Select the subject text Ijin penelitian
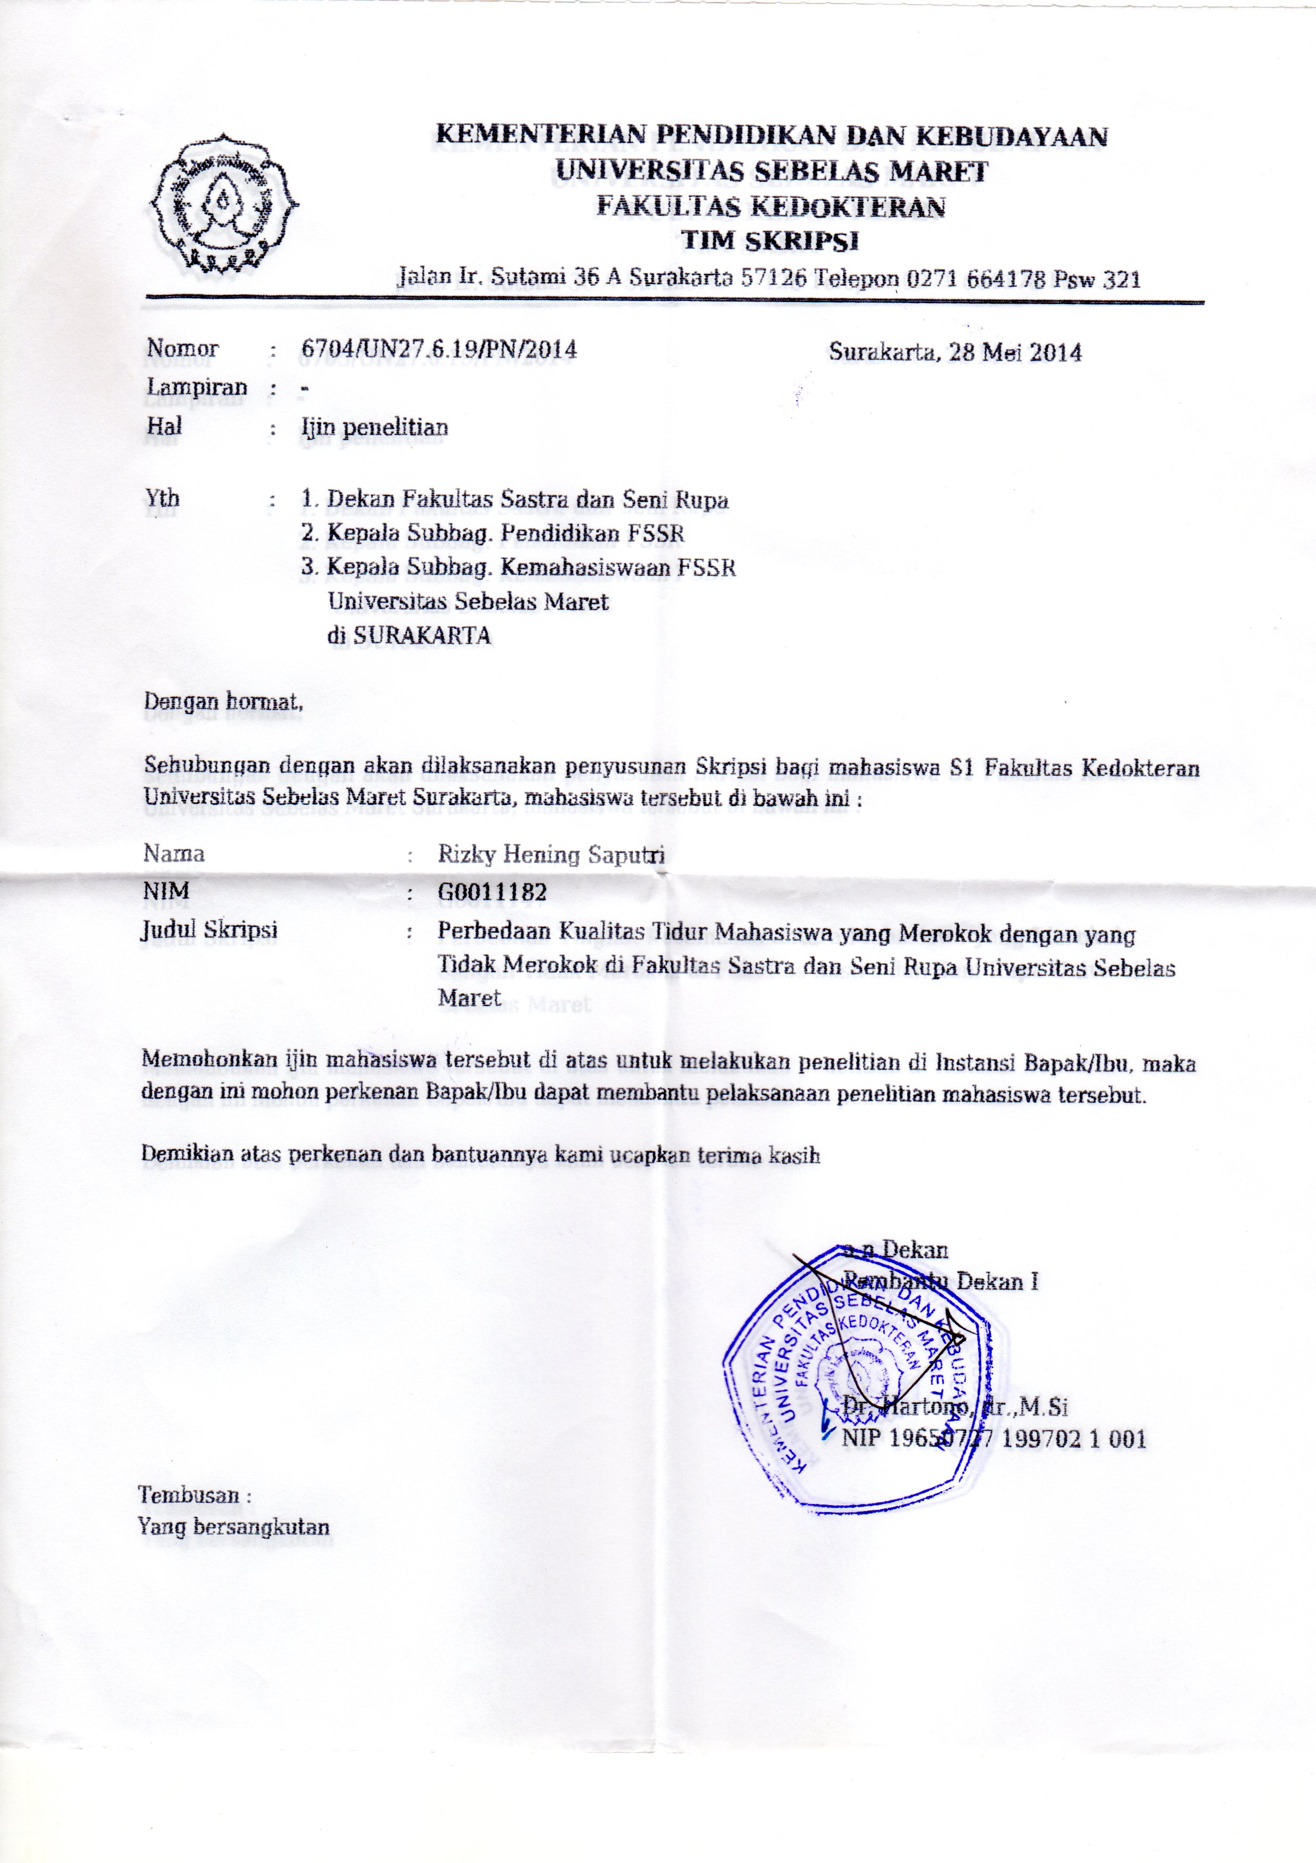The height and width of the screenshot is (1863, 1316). [374, 427]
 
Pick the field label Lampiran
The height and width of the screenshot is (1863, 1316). [196, 387]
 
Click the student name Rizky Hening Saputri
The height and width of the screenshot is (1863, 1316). [551, 854]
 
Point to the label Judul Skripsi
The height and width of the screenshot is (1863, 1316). [209, 930]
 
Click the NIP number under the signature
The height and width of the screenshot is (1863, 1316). [993, 1439]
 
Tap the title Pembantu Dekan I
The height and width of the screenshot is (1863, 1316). [941, 1282]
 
